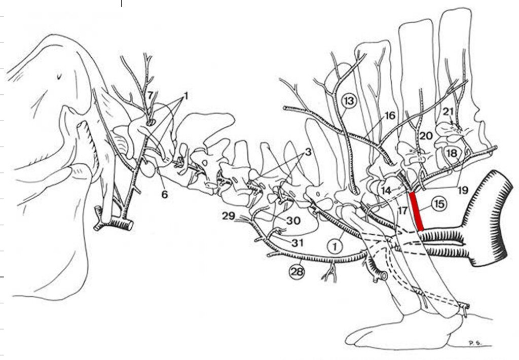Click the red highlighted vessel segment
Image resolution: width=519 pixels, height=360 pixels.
(x=417, y=211)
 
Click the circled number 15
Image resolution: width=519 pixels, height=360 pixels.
(x=439, y=204)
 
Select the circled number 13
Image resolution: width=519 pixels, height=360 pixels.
(x=349, y=100)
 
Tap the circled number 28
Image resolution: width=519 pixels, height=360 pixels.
(x=297, y=272)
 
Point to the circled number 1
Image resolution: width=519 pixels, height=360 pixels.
(x=335, y=246)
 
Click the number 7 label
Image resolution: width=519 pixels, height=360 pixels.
(x=150, y=95)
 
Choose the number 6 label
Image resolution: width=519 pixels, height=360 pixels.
(x=165, y=194)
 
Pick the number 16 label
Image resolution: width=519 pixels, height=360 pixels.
(x=390, y=116)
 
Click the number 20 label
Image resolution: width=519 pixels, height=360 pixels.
(x=426, y=136)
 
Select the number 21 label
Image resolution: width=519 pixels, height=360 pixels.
(x=448, y=112)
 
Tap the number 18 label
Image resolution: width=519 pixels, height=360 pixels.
(x=452, y=153)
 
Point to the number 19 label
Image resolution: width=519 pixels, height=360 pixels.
(x=463, y=190)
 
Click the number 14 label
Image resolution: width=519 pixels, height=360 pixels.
(x=386, y=191)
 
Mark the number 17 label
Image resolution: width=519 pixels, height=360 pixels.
(x=402, y=210)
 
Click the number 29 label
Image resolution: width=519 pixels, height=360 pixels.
(x=229, y=217)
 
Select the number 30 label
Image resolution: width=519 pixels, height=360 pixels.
(x=293, y=220)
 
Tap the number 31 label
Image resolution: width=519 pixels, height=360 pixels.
(x=298, y=243)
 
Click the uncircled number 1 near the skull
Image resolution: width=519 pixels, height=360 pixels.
(x=186, y=96)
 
